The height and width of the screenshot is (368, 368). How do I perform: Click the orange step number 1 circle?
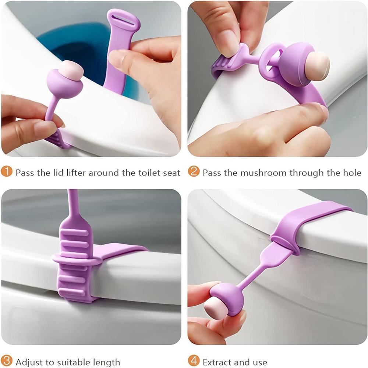pyautogui.click(x=6, y=172)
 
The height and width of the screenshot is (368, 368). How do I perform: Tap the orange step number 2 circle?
pyautogui.click(x=194, y=172)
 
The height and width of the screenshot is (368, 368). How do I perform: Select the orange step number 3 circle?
pyautogui.click(x=6, y=361)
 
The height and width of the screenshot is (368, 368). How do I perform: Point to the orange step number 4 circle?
pyautogui.click(x=194, y=361)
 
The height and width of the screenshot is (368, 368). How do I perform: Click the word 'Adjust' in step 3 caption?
pyautogui.click(x=28, y=362)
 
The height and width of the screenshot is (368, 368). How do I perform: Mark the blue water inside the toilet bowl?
pyautogui.click(x=70, y=48)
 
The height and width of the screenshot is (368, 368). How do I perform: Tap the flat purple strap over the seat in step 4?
pyautogui.click(x=313, y=217)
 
